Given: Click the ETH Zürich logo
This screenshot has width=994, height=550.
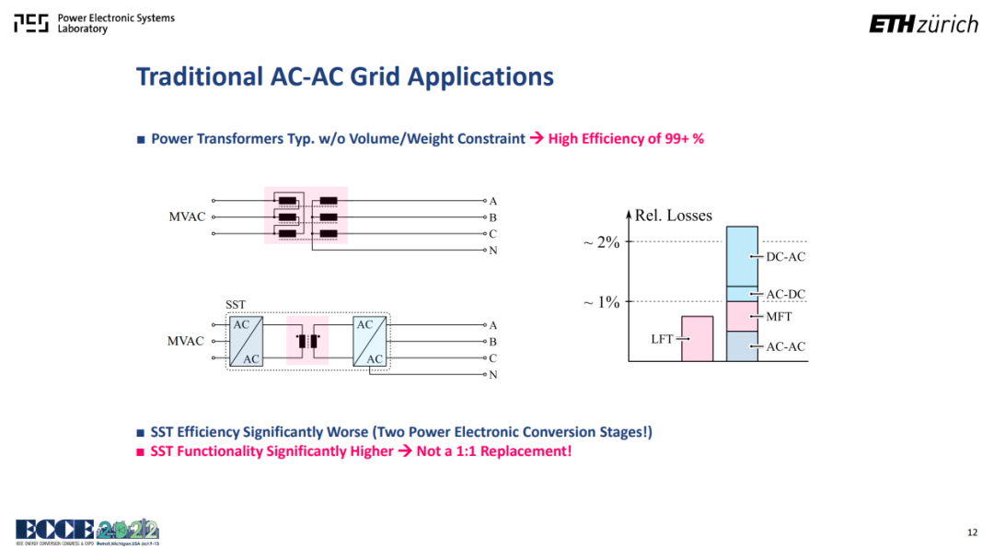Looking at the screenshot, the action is pos(924,24).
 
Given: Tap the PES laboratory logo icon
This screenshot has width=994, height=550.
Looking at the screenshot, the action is pos(31,23).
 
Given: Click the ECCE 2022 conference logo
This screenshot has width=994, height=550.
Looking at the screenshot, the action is pos(87,532).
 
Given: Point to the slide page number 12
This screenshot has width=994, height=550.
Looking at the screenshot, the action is pos(973,532).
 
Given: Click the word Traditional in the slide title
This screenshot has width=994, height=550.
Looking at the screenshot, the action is pos(200,76).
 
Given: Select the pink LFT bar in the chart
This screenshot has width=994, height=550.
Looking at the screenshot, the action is pos(698,339).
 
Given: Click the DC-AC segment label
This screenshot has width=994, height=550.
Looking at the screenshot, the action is pos(785,257).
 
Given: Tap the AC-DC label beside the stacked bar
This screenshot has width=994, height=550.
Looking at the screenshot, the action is pos(785,295).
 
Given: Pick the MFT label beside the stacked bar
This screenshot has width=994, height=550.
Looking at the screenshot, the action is pos(780,317).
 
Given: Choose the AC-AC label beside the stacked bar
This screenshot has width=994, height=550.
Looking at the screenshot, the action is pos(785,347).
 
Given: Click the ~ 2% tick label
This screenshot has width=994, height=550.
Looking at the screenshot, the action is pos(601,241).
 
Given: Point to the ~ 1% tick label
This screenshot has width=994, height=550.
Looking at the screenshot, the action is pos(601,302).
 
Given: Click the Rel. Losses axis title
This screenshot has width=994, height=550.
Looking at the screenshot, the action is pos(673,216).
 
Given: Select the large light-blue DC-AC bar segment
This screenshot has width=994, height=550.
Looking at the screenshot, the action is pos(743,256).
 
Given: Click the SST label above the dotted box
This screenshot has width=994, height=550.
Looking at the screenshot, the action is pos(236,305).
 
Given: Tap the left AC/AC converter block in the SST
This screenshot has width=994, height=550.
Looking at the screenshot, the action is pos(246,341).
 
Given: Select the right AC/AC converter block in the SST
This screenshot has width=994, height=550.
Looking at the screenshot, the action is pos(370,341).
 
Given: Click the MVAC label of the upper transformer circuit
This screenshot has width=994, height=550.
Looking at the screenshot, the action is pos(187,216).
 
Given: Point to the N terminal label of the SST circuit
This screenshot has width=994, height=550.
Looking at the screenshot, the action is pos(492,375).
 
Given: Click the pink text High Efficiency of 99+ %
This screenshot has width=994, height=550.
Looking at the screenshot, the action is pos(626,139).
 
